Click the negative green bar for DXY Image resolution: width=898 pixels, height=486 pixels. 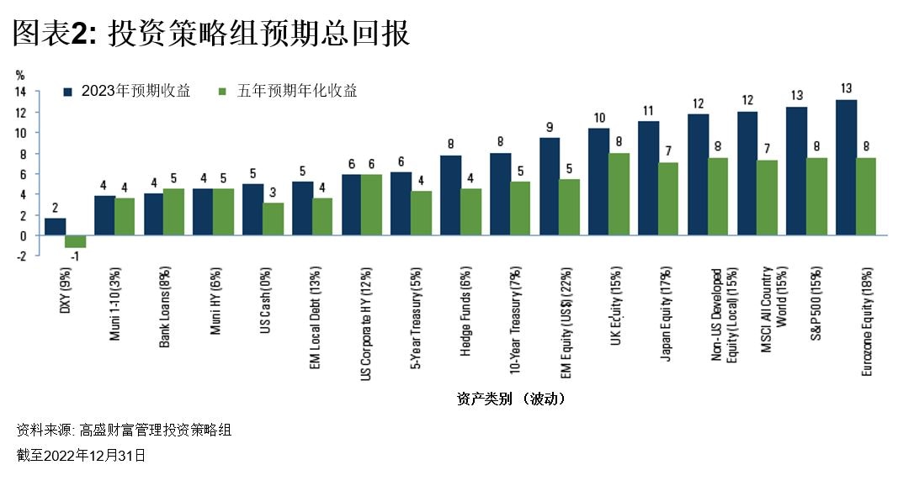76,241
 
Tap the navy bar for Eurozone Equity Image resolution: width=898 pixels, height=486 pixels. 847,167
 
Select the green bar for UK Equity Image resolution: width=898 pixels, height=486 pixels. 619,194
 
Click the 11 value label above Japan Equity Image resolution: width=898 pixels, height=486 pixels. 648,110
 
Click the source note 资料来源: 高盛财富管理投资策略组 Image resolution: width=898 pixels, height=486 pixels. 124,431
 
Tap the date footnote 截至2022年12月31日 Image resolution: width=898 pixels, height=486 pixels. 81,455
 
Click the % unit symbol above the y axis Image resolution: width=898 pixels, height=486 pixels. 20,75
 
